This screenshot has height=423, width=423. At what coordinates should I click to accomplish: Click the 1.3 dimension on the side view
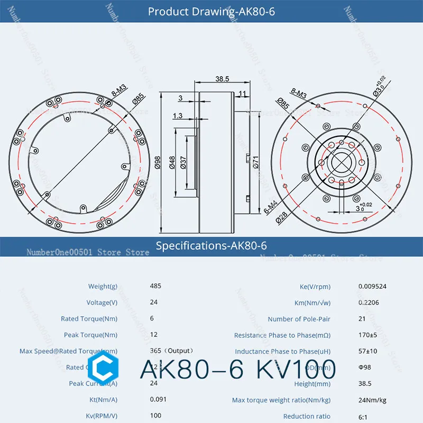[178, 115]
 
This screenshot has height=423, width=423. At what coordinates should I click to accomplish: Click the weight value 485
[155, 286]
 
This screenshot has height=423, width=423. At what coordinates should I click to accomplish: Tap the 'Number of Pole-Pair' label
[299, 319]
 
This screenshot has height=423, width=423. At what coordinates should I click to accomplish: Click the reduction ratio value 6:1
[363, 417]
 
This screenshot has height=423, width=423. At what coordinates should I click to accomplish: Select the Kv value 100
[155, 417]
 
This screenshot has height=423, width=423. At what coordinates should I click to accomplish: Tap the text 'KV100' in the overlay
[296, 369]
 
